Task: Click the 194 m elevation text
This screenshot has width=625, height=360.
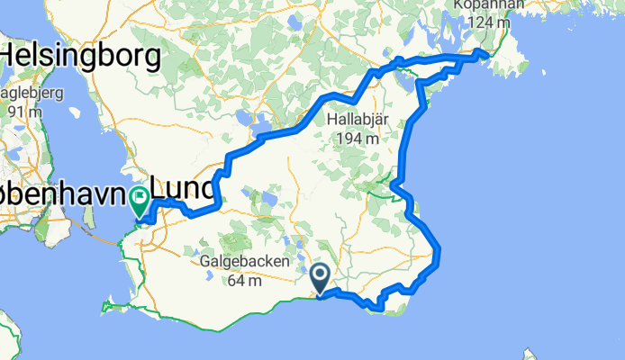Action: click(x=358, y=139)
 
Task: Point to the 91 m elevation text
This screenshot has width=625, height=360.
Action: click(x=25, y=112)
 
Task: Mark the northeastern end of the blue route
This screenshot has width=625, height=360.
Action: click(x=486, y=56)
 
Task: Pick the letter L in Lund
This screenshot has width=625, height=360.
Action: click(x=160, y=189)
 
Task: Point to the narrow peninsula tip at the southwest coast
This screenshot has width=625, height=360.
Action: click(x=104, y=309)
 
